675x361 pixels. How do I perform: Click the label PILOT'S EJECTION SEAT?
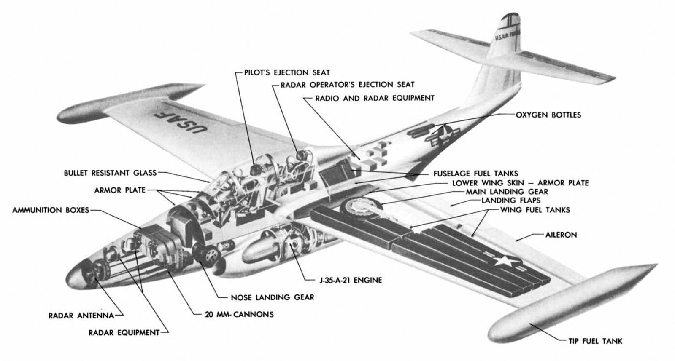coord(287,72)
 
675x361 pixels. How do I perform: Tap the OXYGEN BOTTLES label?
coord(548,115)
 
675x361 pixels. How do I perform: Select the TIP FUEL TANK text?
coord(594,341)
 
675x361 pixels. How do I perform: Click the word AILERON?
coord(561,235)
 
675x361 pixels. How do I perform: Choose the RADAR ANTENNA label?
coord(81,316)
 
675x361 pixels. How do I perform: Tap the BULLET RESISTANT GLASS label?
coord(110,173)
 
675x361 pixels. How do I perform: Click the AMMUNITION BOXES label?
coord(51,210)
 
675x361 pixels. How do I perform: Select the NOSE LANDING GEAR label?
coord(273,297)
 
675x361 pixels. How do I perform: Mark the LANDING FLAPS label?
coord(510,200)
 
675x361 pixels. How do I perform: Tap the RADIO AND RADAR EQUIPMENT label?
coord(375,98)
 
